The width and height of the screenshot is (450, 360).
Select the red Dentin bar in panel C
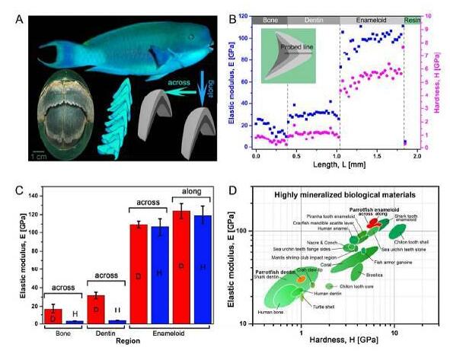pos(96,307)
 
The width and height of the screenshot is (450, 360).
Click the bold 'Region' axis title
pos(129,341)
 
